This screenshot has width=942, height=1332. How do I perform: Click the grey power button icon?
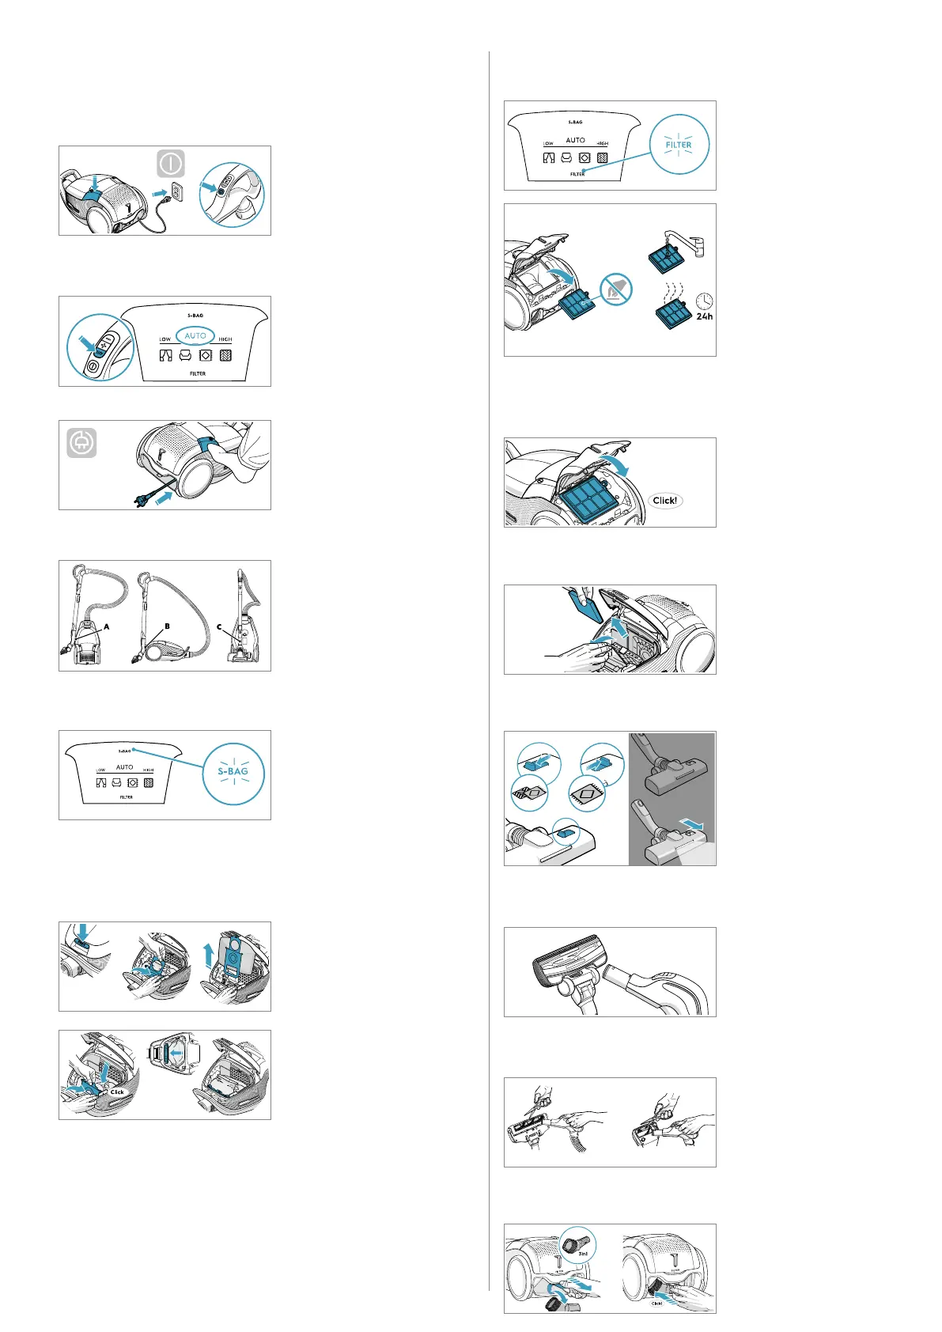tap(171, 164)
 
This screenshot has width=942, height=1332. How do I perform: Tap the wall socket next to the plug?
tap(178, 192)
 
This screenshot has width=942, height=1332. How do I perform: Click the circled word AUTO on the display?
tap(195, 335)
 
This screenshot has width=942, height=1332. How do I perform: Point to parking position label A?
tap(106, 626)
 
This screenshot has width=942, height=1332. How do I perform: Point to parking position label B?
tap(167, 626)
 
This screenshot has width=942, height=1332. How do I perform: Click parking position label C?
tap(219, 627)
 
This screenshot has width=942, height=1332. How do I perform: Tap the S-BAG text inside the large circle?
tap(233, 771)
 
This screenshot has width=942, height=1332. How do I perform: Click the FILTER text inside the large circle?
tap(679, 145)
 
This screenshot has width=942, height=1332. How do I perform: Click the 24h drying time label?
tap(704, 316)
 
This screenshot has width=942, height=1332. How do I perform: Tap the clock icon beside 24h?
tap(704, 301)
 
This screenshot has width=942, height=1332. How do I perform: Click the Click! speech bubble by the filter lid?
tap(664, 501)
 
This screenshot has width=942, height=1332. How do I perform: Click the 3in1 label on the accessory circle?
tap(582, 1254)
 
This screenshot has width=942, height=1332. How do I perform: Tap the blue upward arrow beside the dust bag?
tap(208, 955)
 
